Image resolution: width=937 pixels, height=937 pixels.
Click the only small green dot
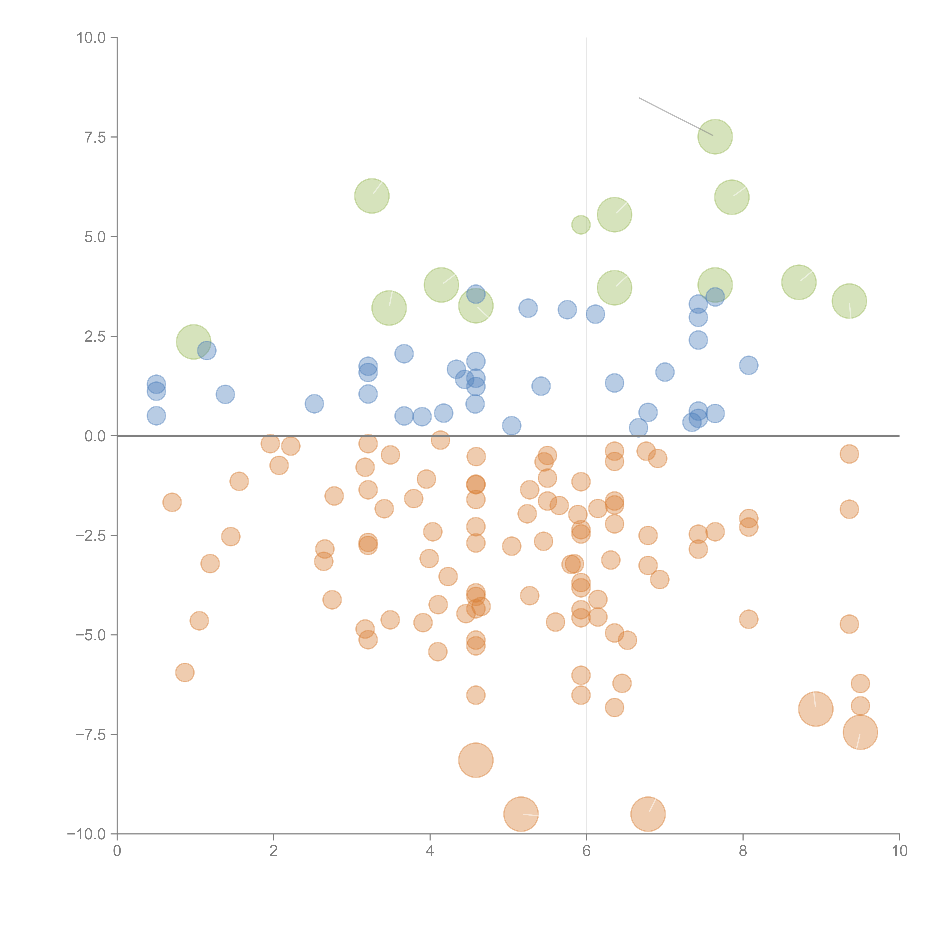coord(581,225)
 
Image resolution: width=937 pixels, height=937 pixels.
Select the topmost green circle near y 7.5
coord(715,137)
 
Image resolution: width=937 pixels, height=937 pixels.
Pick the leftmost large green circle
coord(194,342)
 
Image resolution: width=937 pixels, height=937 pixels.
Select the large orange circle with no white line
coord(476,760)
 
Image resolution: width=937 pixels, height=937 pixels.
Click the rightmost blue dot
coord(748,365)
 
